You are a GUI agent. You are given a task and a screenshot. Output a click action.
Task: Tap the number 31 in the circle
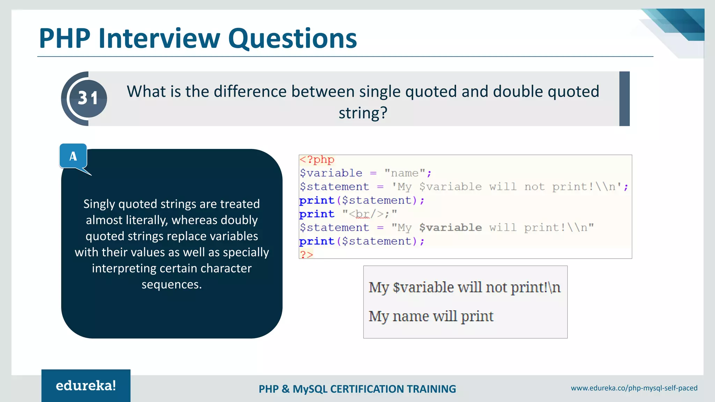point(88,98)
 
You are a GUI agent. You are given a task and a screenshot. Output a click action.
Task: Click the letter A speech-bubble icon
point(73,156)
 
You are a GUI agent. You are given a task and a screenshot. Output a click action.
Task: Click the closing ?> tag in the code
point(306,254)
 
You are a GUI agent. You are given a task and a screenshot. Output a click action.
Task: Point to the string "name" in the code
point(405,173)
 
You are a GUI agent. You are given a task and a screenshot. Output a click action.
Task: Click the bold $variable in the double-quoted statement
point(450,228)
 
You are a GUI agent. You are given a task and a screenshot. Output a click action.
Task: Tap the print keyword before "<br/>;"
point(317,214)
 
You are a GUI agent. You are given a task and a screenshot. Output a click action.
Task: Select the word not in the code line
point(534,187)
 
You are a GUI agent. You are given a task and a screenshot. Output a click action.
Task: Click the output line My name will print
point(431,316)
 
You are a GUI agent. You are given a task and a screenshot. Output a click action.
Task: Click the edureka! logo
point(86,386)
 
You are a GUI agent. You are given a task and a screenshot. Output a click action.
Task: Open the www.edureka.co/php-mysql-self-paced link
point(634,388)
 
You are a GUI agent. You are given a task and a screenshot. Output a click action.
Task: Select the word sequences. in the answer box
point(171,284)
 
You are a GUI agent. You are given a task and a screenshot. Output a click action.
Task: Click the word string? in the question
point(363,113)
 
